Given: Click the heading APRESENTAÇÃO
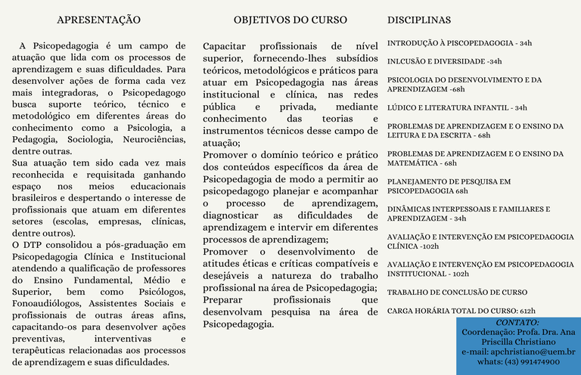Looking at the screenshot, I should pos(98,19).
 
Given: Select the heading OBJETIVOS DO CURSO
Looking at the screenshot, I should pos(290,19).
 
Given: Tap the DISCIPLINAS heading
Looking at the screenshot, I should pos(419,19).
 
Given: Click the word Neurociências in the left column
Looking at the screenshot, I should pos(151,139).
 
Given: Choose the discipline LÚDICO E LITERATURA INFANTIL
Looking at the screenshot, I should pos(457,108).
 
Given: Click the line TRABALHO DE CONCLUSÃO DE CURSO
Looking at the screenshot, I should pos(457,292).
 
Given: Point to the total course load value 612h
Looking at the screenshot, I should pos(527,311).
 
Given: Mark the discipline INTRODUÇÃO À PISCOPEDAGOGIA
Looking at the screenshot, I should pos(459,43).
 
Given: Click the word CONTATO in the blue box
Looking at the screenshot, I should pos(517,323).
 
